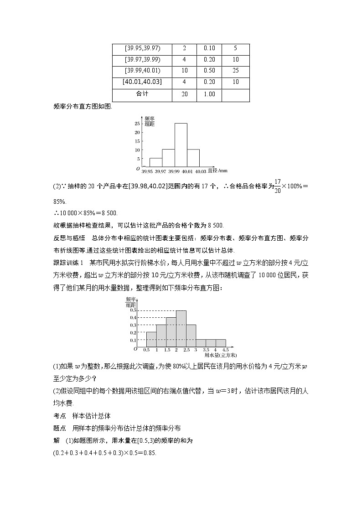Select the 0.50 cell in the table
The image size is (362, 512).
click(209, 71)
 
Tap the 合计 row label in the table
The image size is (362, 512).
click(142, 94)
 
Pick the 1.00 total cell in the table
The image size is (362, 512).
click(209, 94)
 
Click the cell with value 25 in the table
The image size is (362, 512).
click(235, 71)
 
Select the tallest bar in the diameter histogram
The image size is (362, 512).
click(181, 145)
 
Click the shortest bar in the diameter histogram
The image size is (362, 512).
click(156, 162)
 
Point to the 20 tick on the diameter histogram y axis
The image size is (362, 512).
click(137, 132)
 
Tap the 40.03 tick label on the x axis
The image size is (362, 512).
click(201, 171)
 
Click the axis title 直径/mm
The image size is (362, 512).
click(217, 171)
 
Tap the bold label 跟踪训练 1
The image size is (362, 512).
click(69, 263)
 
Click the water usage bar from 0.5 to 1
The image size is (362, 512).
click(151, 339)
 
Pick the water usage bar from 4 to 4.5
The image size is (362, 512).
click(221, 343)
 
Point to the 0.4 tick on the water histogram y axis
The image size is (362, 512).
click(133, 318)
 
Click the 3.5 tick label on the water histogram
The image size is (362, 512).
click(206, 350)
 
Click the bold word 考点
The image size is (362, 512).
click(59, 416)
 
